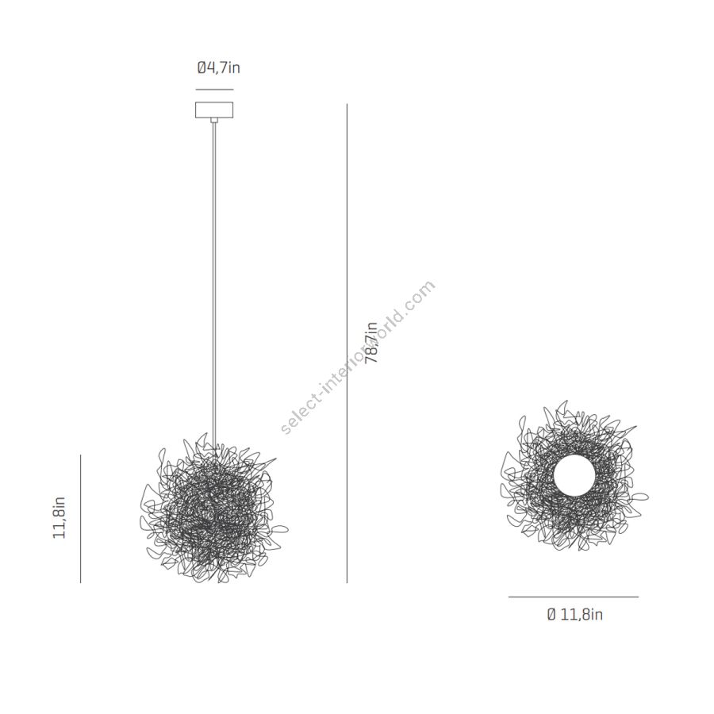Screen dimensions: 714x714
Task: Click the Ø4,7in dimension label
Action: (x=219, y=68)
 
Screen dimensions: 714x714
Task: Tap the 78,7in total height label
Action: (x=372, y=343)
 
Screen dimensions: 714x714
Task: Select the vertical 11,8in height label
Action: (x=59, y=518)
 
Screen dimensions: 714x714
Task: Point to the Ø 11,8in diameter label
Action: (x=574, y=614)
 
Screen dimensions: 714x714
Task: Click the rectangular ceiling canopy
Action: (x=214, y=109)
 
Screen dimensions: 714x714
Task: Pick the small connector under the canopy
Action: (x=214, y=121)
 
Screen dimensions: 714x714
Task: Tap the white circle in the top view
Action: (x=574, y=475)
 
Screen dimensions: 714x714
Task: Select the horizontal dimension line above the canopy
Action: (x=214, y=90)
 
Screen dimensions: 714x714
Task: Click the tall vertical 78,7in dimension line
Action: (x=347, y=344)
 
